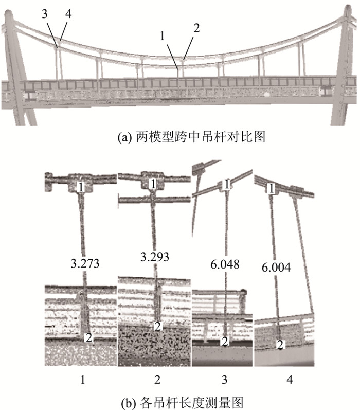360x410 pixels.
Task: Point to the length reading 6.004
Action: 276,267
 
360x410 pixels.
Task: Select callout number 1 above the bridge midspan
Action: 163,37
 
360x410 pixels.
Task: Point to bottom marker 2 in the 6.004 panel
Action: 280,344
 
